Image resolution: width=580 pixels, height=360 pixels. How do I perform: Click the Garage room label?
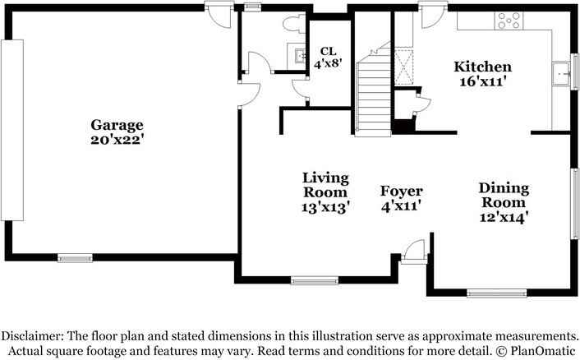(x=117, y=126)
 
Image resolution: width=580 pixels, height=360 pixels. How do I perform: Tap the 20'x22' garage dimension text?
(x=117, y=140)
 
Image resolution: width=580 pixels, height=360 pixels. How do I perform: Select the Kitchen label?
(x=483, y=67)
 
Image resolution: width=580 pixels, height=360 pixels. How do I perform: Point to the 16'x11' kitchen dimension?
(x=483, y=81)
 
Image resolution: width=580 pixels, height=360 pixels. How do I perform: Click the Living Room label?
(x=325, y=185)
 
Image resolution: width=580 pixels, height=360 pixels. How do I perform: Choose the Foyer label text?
(x=402, y=192)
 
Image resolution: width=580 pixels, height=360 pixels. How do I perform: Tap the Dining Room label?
(x=504, y=195)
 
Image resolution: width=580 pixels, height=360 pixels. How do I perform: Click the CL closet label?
(x=328, y=51)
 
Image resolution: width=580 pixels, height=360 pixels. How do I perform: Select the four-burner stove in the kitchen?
(x=509, y=21)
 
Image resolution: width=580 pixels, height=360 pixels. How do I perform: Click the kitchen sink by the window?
(x=561, y=74)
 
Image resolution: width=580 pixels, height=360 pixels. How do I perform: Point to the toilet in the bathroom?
(x=295, y=24)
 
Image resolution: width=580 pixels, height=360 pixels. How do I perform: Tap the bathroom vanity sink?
(x=300, y=56)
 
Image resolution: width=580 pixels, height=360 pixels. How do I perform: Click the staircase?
(x=373, y=95)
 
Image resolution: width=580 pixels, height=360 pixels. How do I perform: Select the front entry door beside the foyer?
(x=414, y=252)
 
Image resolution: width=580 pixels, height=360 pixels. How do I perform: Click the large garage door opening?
(x=12, y=130)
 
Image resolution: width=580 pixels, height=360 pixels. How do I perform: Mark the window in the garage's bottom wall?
(x=75, y=258)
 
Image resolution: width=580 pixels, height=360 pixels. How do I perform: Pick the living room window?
(x=315, y=280)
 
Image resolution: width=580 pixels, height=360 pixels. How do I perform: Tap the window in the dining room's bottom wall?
(x=496, y=293)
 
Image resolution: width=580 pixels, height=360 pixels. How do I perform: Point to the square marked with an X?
(x=403, y=67)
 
